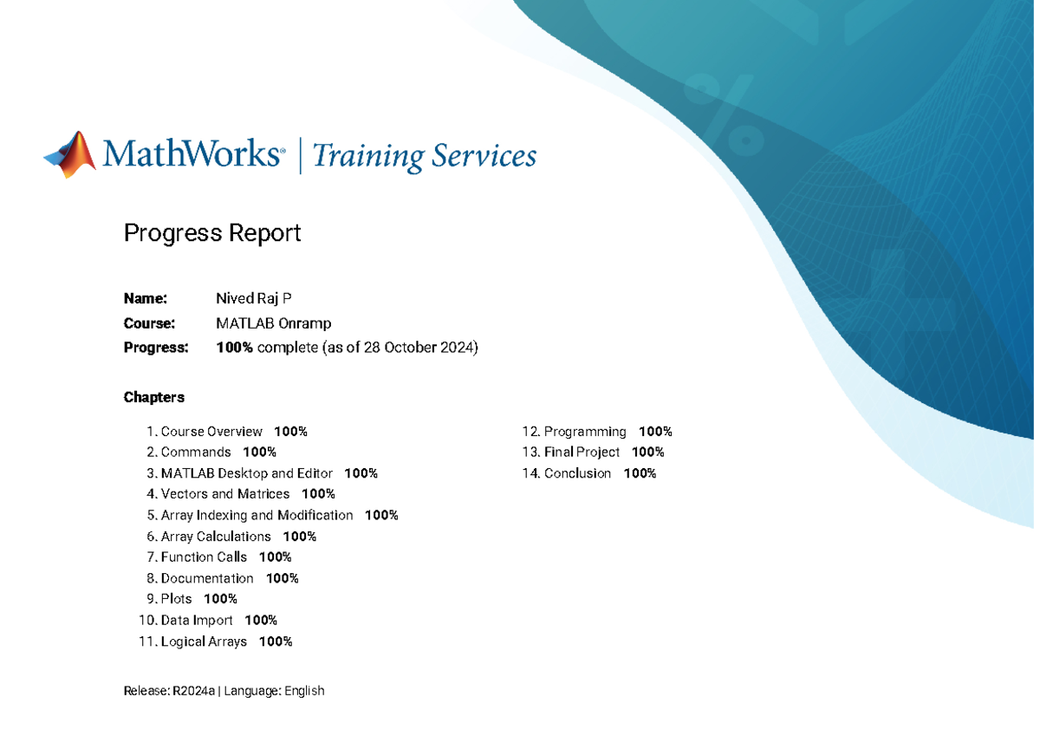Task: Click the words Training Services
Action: coord(424,156)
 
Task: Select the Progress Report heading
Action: coord(212,232)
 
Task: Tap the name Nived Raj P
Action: coord(254,299)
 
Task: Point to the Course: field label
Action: coord(149,323)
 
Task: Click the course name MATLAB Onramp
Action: coord(274,323)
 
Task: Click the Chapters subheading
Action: coord(154,397)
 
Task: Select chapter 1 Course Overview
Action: coord(211,432)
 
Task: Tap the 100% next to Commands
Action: coord(259,453)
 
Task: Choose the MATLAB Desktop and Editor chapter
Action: coord(247,473)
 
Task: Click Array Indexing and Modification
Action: coord(257,516)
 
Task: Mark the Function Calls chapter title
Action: coord(204,557)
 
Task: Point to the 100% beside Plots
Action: coord(220,599)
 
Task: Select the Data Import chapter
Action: coord(197,621)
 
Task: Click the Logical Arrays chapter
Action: coord(204,642)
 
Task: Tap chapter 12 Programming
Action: coord(585,432)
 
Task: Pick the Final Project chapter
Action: coord(582,453)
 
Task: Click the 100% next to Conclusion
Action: coord(640,473)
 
